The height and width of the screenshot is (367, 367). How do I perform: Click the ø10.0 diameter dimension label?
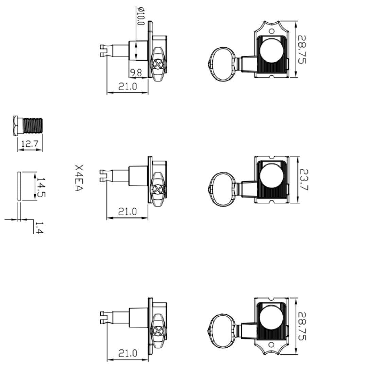pyautogui.click(x=141, y=16)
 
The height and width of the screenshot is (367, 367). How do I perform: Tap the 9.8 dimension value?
pyautogui.click(x=136, y=73)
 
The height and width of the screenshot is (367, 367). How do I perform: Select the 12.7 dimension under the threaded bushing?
pyautogui.click(x=30, y=143)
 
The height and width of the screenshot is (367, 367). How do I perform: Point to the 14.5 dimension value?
pyautogui.click(x=41, y=187)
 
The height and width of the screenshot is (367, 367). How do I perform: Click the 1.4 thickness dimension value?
pyautogui.click(x=39, y=227)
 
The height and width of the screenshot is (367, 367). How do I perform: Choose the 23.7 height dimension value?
pyautogui.click(x=304, y=179)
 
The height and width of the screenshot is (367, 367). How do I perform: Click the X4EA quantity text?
pyautogui.click(x=79, y=178)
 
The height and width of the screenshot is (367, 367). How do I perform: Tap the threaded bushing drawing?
pyautogui.click(x=28, y=125)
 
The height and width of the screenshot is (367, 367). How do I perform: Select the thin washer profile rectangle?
pyautogui.click(x=19, y=186)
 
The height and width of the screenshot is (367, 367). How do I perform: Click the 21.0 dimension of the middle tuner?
pyautogui.click(x=127, y=212)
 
